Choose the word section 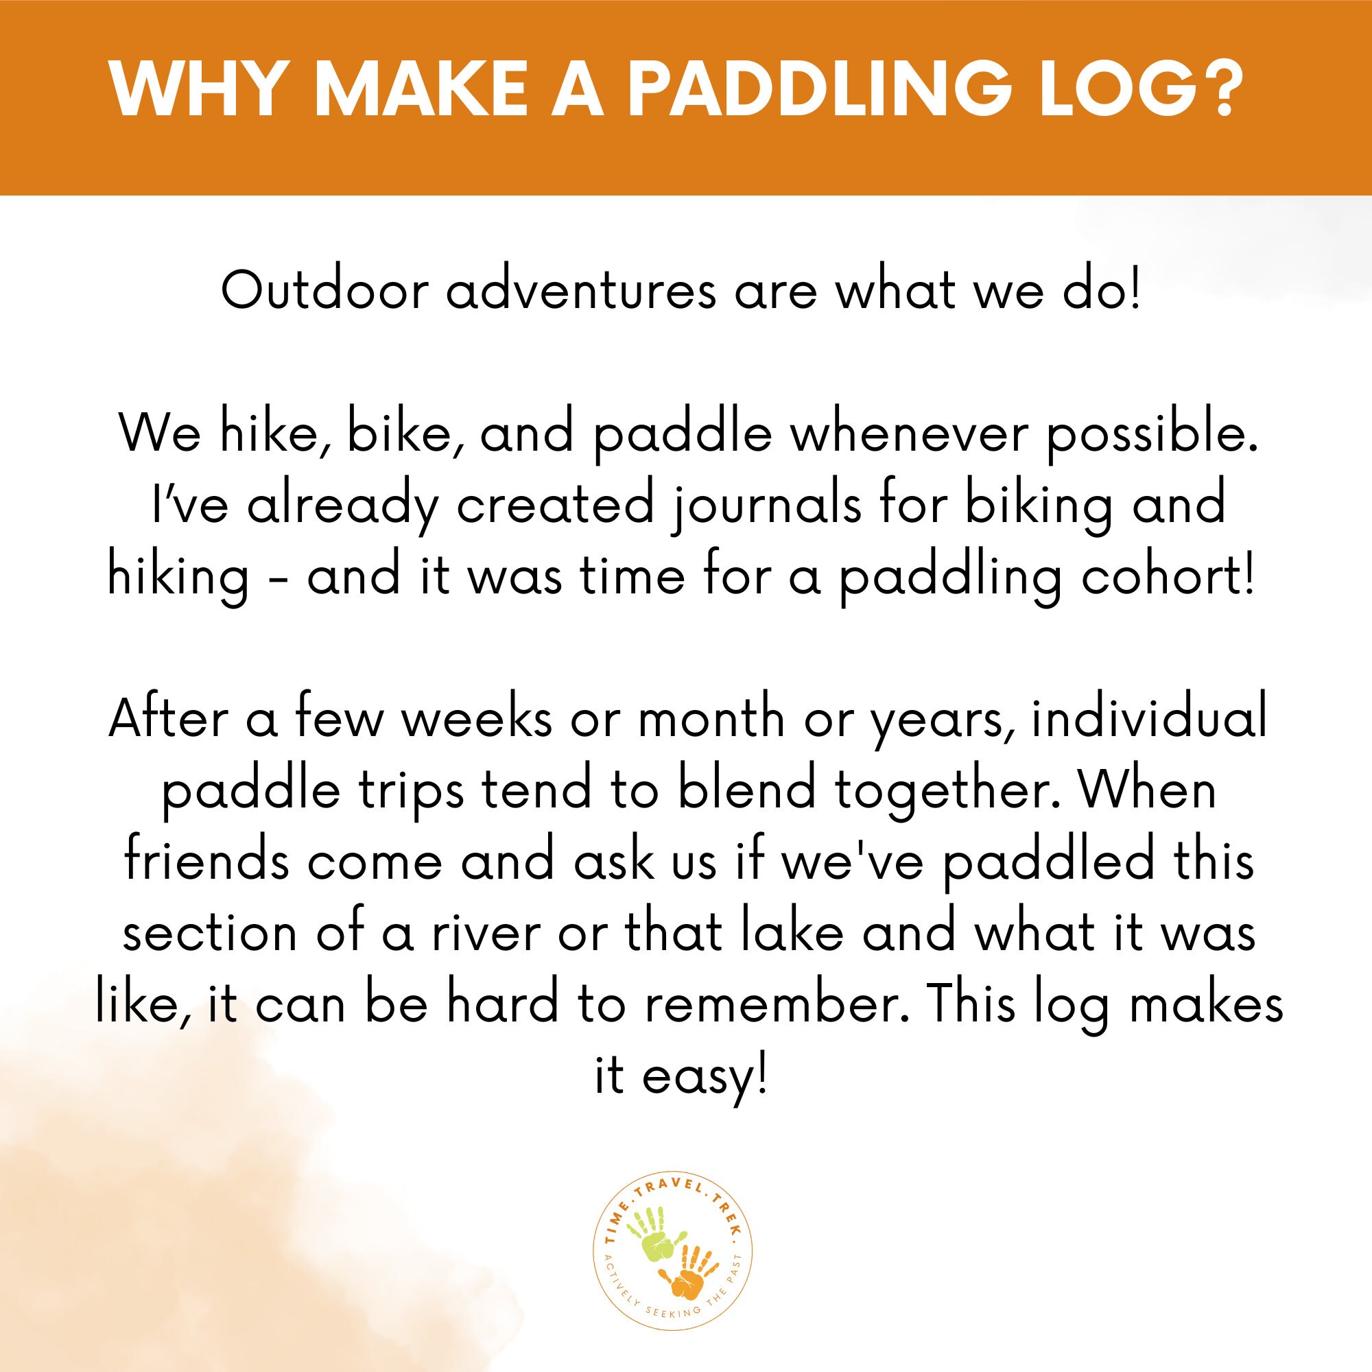[x=210, y=933]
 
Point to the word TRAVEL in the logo [x=672, y=1189]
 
